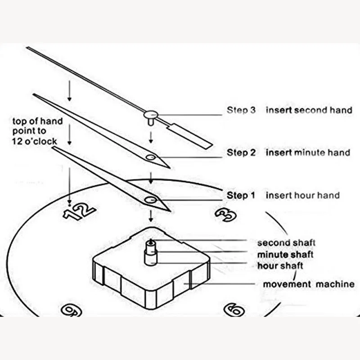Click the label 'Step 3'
point(241,110)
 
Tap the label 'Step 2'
point(241,153)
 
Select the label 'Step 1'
point(241,196)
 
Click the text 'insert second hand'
point(309,110)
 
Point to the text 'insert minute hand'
point(308,153)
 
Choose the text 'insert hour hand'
point(302,196)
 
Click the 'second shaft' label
point(286,243)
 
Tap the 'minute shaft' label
point(285,255)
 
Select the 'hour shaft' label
point(280,266)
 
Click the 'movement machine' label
point(309,284)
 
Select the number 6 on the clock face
point(234,310)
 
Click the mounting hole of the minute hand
point(150,157)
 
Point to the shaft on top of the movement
point(150,252)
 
